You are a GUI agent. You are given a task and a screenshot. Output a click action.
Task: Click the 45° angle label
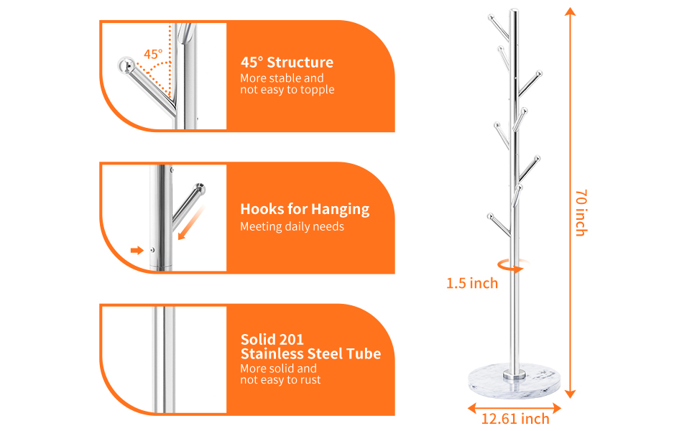pyautogui.click(x=153, y=54)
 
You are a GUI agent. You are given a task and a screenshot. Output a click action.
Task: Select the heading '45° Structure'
pyautogui.click(x=287, y=62)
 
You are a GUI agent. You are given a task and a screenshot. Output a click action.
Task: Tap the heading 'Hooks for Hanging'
pyautogui.click(x=305, y=209)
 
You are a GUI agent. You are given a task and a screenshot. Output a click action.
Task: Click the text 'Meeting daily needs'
pyautogui.click(x=292, y=227)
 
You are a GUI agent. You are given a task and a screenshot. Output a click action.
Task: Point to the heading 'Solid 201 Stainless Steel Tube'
pyautogui.click(x=310, y=346)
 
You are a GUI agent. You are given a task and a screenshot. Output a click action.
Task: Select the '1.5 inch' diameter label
pyautogui.click(x=472, y=283)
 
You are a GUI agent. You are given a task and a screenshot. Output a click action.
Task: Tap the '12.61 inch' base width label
pyautogui.click(x=515, y=419)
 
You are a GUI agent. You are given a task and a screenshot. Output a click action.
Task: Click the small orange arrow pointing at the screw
pyautogui.click(x=137, y=250)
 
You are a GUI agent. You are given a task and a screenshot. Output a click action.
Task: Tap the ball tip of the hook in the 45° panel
pyautogui.click(x=125, y=65)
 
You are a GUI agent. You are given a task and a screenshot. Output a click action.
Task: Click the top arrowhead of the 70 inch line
pyautogui.click(x=571, y=12)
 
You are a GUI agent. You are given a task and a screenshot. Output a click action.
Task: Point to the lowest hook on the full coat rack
pyautogui.click(x=491, y=215)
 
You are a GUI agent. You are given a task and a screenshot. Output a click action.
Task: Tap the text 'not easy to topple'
pyautogui.click(x=287, y=90)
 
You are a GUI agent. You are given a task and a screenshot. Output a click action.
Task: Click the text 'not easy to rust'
pyautogui.click(x=280, y=380)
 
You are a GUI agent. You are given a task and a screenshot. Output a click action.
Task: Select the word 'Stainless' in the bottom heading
pyautogui.click(x=282, y=353)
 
